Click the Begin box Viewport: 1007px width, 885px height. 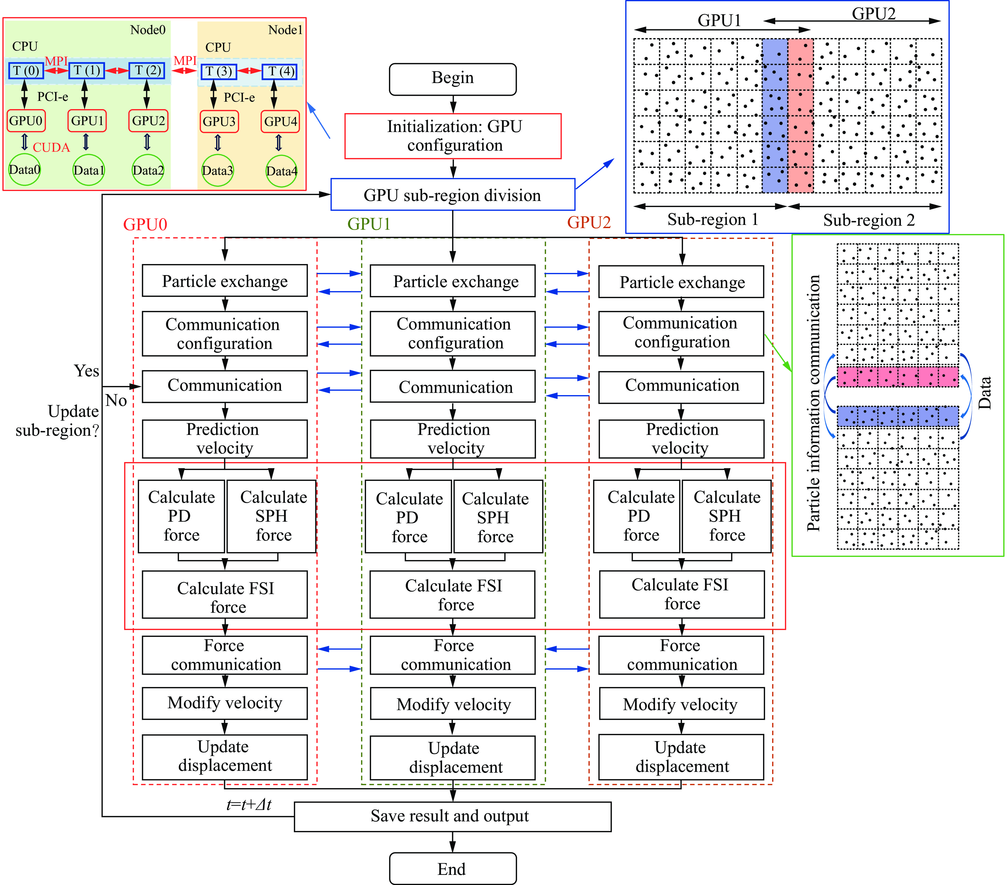[452, 79]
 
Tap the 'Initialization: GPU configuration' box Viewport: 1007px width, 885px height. [453, 136]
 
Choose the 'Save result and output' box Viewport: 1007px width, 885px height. [452, 816]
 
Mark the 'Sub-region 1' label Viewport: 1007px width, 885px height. [712, 220]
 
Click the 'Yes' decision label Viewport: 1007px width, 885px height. [86, 371]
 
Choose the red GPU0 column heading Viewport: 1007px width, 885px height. [145, 224]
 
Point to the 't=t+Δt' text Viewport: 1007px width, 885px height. [248, 804]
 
